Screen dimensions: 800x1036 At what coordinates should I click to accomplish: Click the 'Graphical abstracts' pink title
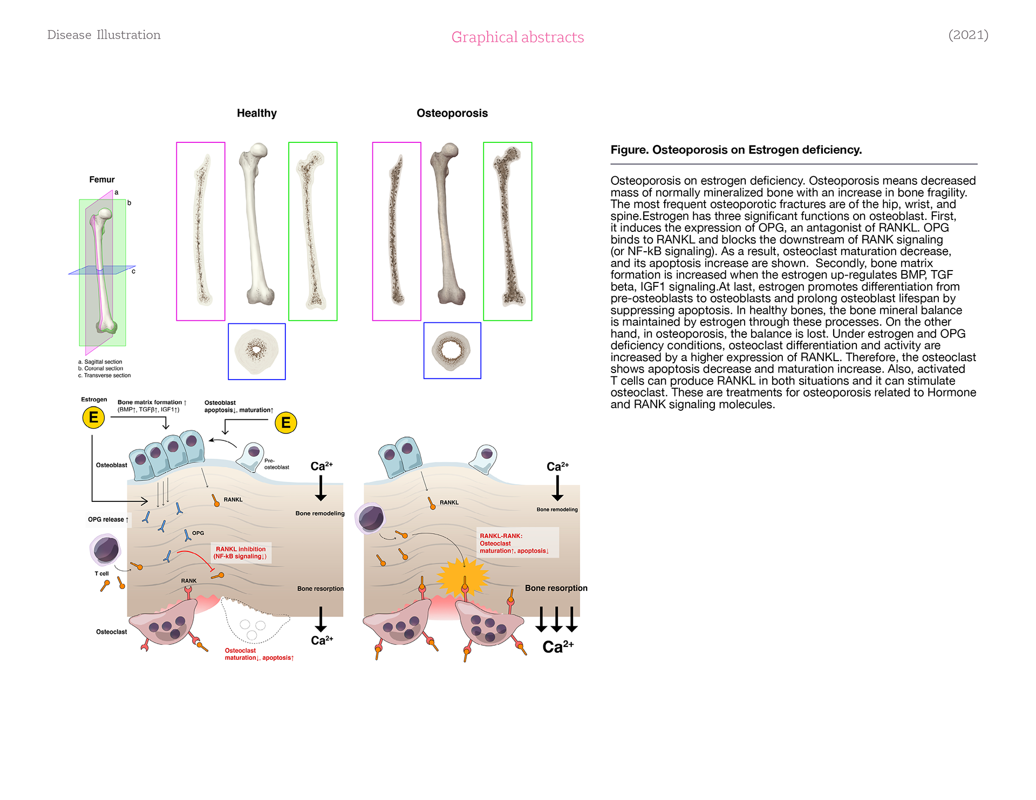517,37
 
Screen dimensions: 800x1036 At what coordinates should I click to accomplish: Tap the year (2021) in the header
968,35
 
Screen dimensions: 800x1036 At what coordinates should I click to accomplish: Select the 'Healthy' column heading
257,113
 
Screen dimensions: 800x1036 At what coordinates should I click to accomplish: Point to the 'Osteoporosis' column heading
452,113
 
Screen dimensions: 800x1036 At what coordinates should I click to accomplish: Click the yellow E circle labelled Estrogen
93,417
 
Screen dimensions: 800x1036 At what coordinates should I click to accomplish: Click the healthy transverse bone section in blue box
257,351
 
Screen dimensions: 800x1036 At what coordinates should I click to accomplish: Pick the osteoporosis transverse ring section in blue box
452,350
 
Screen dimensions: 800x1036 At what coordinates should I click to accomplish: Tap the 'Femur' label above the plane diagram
102,180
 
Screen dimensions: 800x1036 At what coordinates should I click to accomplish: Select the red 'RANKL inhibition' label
241,549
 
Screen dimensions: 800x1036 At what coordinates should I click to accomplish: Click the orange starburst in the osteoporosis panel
463,577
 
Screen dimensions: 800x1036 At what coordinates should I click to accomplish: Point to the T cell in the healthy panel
106,549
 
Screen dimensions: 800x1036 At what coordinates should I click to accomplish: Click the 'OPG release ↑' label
108,520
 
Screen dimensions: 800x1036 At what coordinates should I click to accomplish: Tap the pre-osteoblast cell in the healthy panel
251,457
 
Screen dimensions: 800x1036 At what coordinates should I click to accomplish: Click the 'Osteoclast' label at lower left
112,632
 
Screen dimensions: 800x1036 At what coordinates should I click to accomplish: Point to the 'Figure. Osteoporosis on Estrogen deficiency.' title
736,150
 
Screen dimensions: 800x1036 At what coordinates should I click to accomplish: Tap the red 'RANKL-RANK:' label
501,536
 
